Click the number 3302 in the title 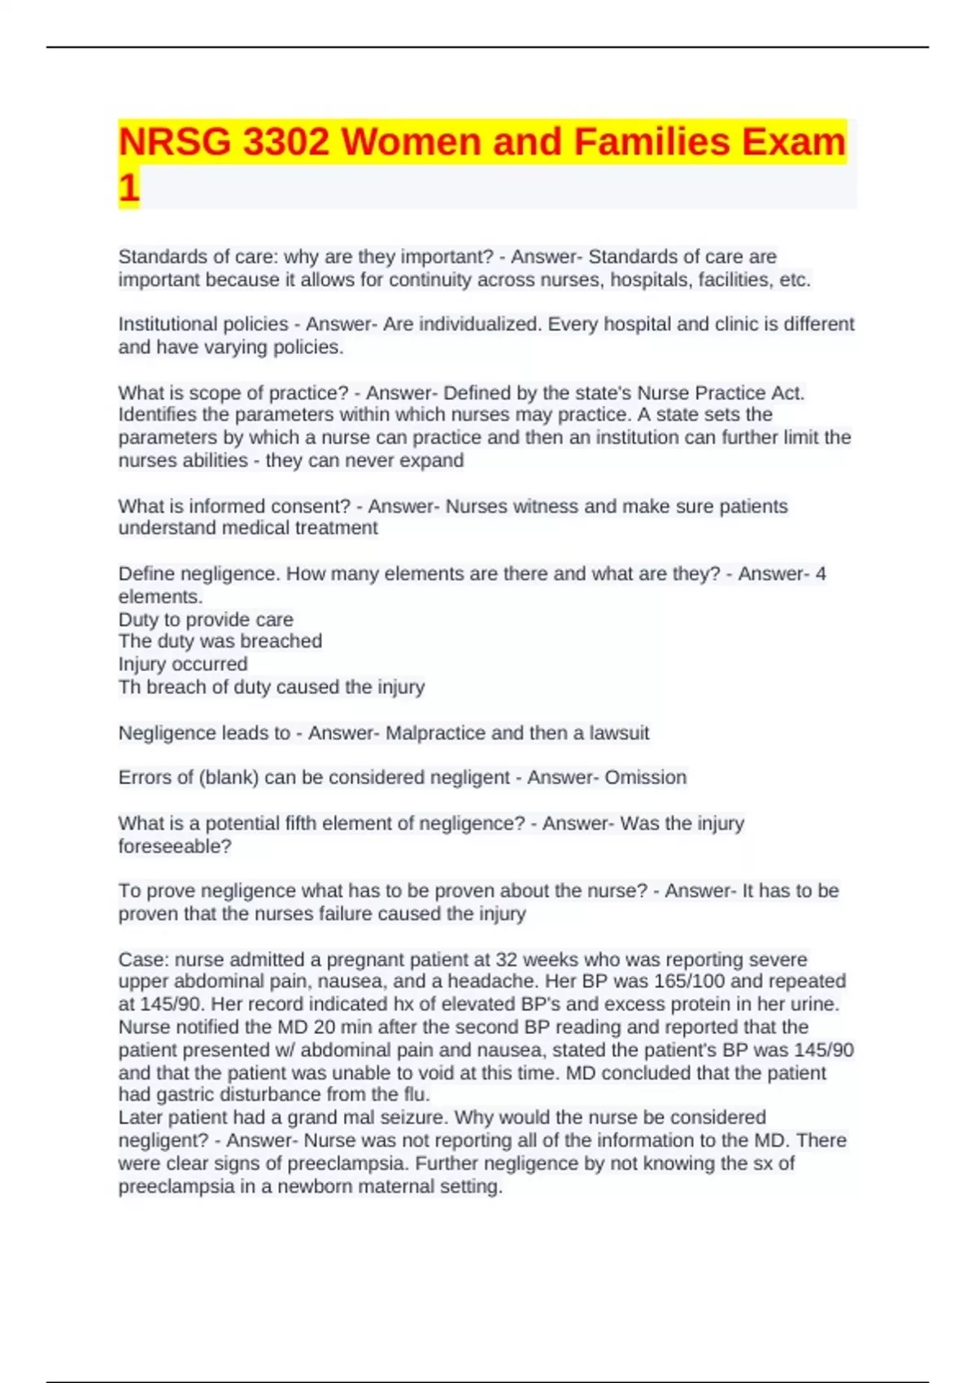click(x=285, y=142)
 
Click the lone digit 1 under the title click(x=129, y=188)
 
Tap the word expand click(x=435, y=460)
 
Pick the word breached click(x=286, y=641)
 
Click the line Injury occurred click(x=183, y=664)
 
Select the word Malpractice click(x=435, y=733)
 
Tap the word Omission click(x=646, y=778)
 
